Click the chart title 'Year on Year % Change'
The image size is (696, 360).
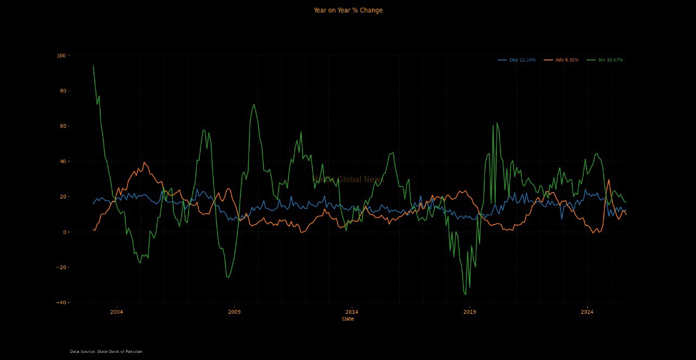(348, 10)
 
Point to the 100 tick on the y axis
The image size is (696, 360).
(60, 55)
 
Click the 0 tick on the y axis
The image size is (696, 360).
(63, 232)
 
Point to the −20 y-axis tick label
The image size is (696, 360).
(60, 268)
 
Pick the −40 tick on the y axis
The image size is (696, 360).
(60, 303)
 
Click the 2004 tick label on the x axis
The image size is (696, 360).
(116, 312)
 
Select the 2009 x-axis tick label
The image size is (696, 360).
(234, 312)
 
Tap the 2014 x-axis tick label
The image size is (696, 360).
(352, 312)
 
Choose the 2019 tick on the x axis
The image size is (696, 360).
(469, 312)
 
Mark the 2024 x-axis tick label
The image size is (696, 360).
(587, 312)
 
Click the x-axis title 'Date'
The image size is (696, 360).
(348, 319)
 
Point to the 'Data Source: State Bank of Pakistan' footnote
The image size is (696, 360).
(106, 352)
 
